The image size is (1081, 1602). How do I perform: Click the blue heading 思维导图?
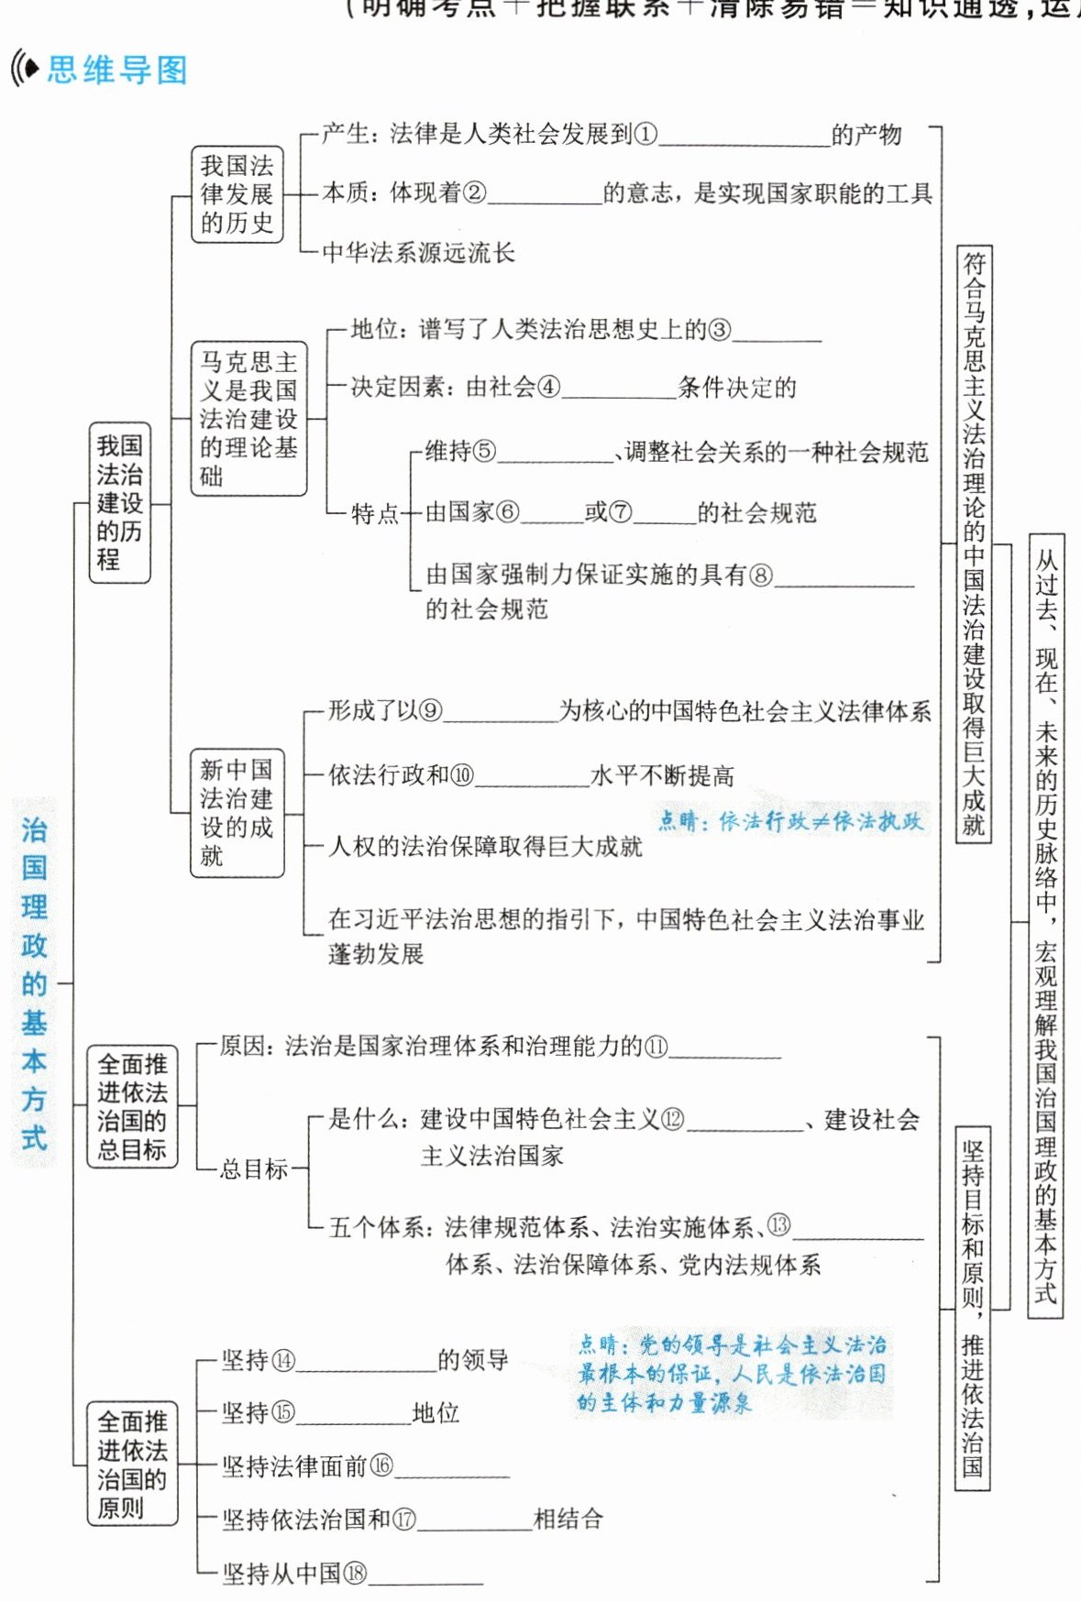pos(116,70)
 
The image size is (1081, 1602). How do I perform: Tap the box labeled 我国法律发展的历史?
pos(237,194)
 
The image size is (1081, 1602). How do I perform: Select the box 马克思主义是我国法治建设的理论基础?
pos(248,419)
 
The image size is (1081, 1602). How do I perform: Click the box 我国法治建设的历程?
pos(119,502)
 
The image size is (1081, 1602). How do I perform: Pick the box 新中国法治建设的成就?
pos(237,813)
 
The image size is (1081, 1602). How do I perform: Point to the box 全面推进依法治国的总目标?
pos(132,1107)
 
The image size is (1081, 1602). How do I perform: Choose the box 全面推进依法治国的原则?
pos(132,1464)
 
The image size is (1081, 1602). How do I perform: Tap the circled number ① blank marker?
pos(646,135)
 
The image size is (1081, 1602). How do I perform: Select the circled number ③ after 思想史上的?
pos(720,330)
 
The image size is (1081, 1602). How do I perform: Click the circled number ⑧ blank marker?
pos(761,575)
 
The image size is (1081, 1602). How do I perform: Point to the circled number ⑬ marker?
pos(778,1225)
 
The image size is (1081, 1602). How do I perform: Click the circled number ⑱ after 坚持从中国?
pos(354,1574)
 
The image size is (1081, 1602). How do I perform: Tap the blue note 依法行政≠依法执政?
pos(790,820)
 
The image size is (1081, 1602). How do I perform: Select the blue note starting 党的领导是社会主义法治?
pos(732,1373)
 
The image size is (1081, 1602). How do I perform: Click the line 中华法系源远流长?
pos(418,252)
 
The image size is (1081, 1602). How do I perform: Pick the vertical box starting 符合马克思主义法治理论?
pos(974,544)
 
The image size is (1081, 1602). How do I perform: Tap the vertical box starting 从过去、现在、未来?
pos(1046,926)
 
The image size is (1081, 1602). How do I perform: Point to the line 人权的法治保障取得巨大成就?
pos(485,846)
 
